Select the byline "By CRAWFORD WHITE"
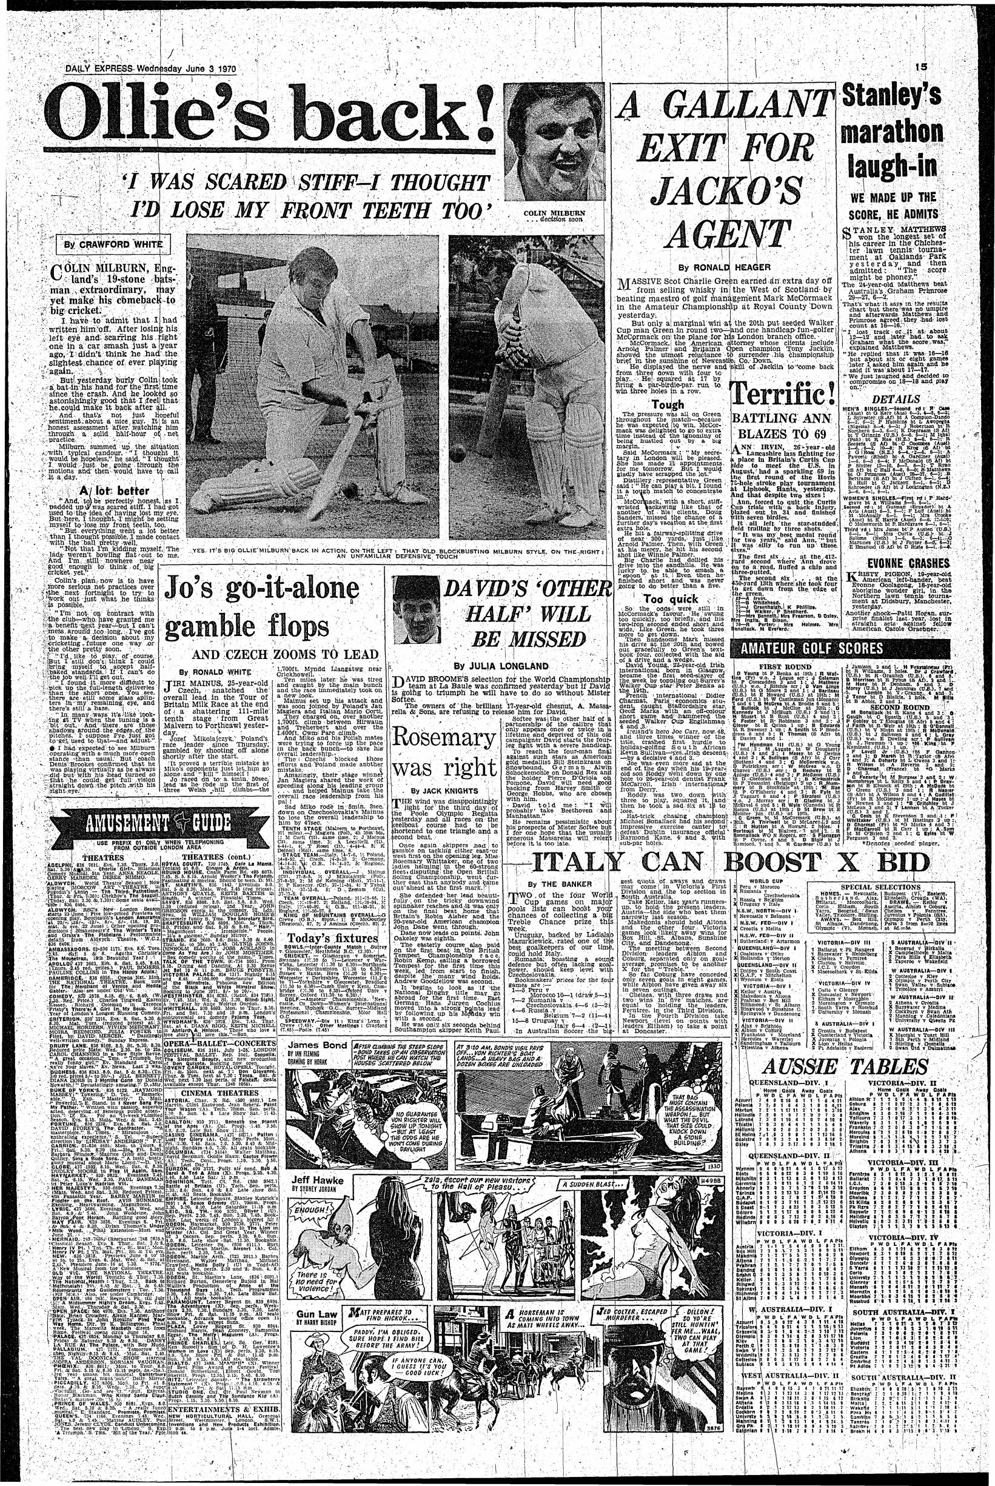coord(111,246)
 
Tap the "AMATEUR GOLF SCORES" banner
coord(806,648)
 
